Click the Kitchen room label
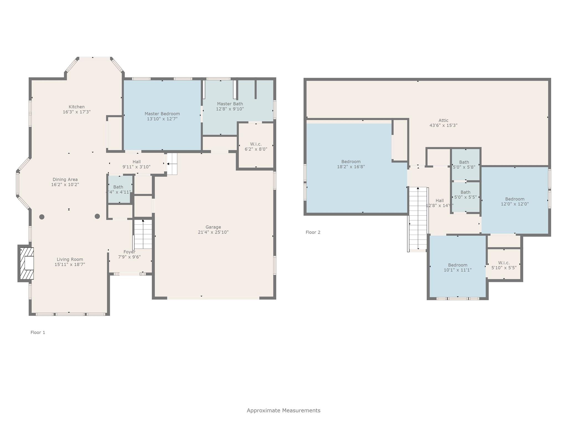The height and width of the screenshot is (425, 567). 77,107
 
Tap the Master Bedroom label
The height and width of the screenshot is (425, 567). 162,114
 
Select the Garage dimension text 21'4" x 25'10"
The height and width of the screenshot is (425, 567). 213,232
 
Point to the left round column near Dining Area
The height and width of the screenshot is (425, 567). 42,217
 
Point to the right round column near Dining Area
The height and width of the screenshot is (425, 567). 97,216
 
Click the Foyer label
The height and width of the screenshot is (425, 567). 129,252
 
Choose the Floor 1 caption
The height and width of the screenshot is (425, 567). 38,332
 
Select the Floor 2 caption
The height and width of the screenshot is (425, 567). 313,232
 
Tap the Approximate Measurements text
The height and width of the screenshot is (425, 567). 283,410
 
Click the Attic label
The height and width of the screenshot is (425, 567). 443,120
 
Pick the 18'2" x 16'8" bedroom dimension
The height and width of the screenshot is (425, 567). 351,167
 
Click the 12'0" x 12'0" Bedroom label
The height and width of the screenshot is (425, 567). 515,199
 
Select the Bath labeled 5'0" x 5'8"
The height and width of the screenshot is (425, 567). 464,165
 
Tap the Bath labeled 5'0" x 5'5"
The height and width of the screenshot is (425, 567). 465,195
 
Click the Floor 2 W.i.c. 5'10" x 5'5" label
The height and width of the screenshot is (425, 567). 504,265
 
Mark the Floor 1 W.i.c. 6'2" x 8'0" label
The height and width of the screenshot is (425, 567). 256,146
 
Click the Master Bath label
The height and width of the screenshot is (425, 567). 230,104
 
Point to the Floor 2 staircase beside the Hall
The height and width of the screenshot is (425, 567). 418,219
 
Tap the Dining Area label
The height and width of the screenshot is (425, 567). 65,180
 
